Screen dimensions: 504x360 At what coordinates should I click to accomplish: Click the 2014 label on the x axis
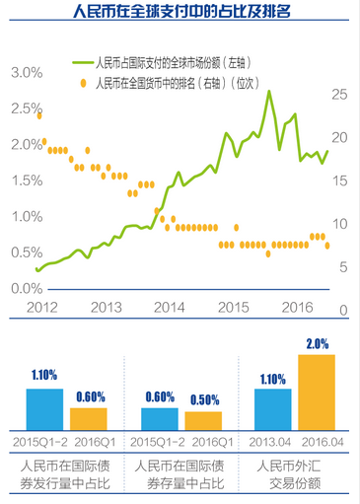pyautogui.click(x=170, y=308)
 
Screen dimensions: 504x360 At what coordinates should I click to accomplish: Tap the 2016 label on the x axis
pyautogui.click(x=296, y=308)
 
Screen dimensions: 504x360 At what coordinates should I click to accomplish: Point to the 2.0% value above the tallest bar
pyautogui.click(x=317, y=344)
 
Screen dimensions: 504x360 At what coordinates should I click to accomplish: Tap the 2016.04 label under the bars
pyautogui.click(x=317, y=438)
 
